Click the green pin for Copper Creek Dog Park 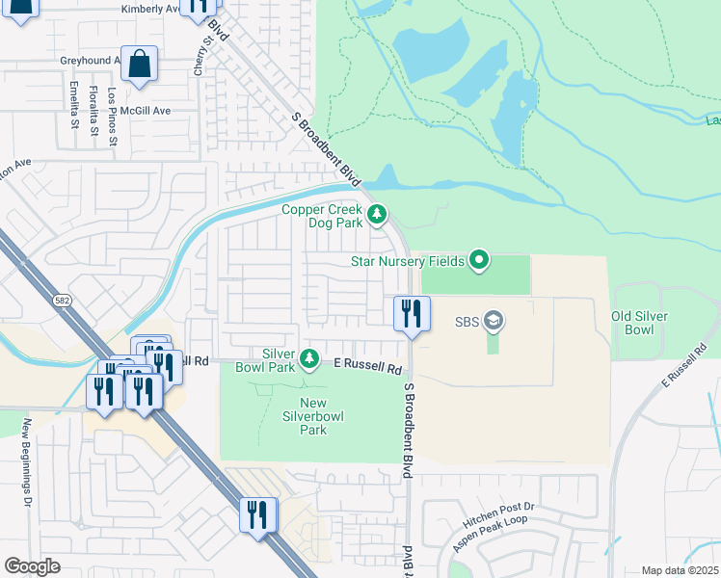click(377, 214)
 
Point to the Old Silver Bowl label click(639, 323)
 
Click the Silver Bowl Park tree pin click(309, 359)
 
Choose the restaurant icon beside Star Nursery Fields click(411, 314)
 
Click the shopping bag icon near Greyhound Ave click(139, 64)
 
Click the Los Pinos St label click(113, 118)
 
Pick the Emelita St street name click(73, 106)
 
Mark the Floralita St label click(93, 110)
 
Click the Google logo click(32, 566)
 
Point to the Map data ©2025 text click(681, 570)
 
